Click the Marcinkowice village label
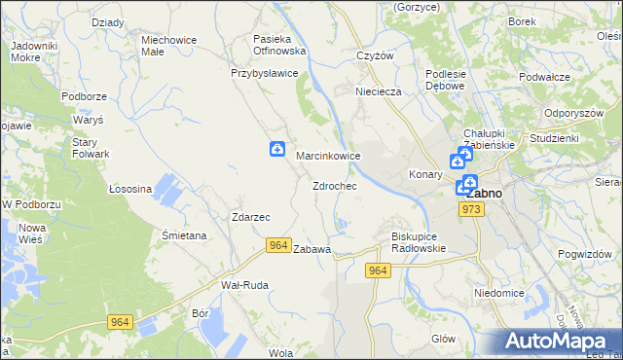point(328,156)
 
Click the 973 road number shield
point(473,209)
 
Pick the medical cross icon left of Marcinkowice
point(277,150)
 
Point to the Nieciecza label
point(379,92)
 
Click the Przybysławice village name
point(264,73)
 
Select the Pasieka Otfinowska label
point(279,44)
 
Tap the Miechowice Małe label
point(168,47)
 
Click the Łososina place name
point(130,188)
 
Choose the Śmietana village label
point(183,235)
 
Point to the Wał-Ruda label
point(244,285)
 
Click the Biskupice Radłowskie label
point(418,241)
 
